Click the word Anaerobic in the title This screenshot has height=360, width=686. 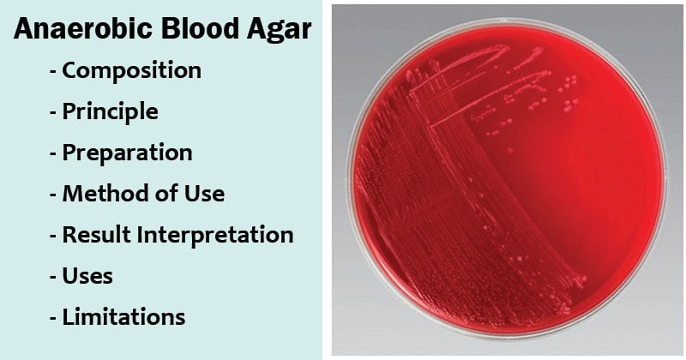tap(83, 28)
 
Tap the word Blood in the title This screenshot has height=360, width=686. tap(200, 28)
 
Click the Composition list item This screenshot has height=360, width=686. tap(132, 70)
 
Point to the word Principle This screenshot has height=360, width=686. tap(111, 111)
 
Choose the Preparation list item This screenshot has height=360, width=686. tap(127, 153)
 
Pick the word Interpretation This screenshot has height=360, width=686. tap(215, 236)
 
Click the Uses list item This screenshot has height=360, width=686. tap(87, 276)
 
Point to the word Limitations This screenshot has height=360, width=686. tap(123, 317)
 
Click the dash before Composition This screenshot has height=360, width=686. tap(53, 72)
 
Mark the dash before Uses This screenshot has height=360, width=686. tap(53, 278)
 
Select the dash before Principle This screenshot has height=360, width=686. tap(53, 113)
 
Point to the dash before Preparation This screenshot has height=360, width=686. tap(53, 154)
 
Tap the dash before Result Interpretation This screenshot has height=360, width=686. tap(53, 237)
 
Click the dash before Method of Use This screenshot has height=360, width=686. tap(53, 195)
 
